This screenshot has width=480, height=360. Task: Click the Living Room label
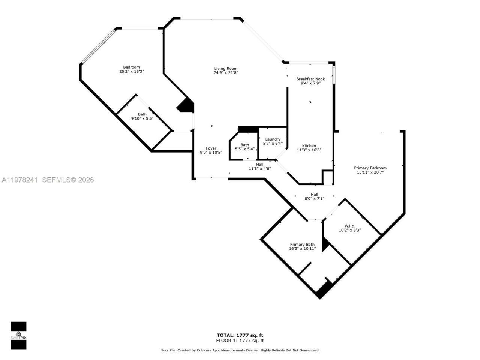[x=226, y=68]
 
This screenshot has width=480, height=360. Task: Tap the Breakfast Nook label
[x=310, y=79]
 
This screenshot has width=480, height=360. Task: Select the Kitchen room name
[x=309, y=146]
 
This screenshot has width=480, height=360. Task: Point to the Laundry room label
[x=273, y=139]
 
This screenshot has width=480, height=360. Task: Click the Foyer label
[x=211, y=148]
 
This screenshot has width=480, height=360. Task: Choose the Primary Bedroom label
[x=370, y=168]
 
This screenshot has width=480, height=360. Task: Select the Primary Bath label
[x=302, y=244]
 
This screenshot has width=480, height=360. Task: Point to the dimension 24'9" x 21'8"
[x=226, y=73]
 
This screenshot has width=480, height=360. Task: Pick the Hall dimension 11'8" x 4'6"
[x=259, y=169]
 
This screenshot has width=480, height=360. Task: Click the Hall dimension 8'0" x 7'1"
[x=314, y=199]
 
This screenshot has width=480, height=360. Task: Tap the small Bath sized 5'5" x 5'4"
[x=244, y=147]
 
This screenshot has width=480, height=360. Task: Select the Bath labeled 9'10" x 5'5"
[x=142, y=116]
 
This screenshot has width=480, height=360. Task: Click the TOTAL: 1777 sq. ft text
[x=240, y=335]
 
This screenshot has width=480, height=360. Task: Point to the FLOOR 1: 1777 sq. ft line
[x=240, y=340]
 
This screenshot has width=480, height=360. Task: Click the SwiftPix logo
[x=18, y=335]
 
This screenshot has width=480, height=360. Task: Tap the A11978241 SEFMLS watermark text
[x=47, y=180]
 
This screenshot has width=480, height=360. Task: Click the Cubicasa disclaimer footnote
[x=240, y=350]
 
